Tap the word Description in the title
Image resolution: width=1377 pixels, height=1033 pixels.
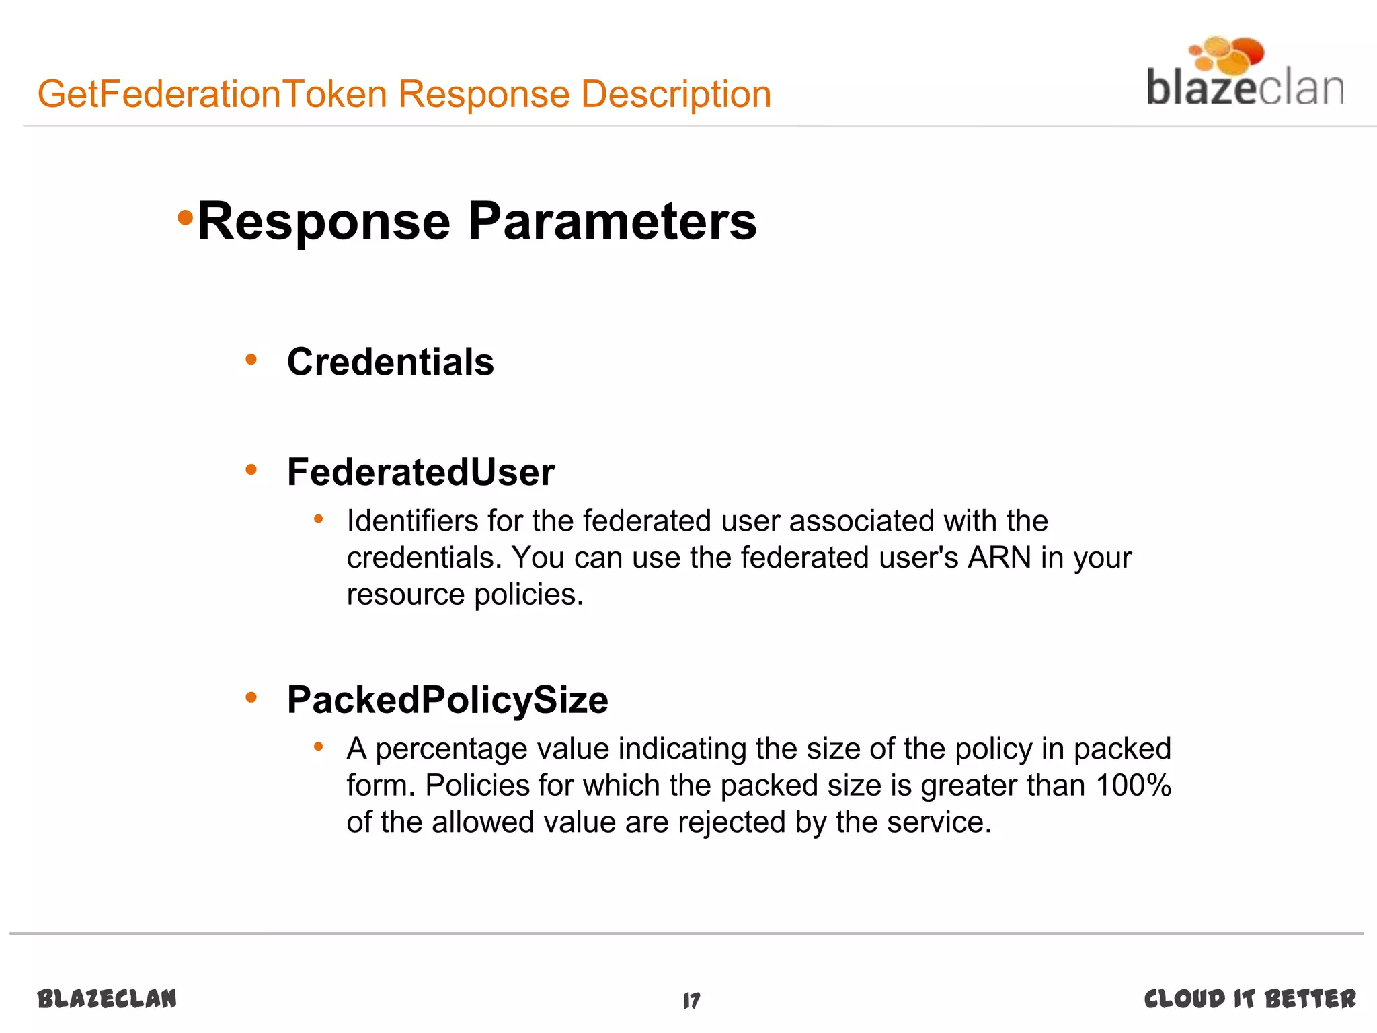676,93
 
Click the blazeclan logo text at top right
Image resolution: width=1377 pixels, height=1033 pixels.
1244,89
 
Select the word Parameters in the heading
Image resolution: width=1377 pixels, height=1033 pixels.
612,221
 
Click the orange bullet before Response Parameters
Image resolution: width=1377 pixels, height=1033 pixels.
185,218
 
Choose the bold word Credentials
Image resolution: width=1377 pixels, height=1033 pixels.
390,362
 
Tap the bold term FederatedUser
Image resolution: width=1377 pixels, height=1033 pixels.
420,471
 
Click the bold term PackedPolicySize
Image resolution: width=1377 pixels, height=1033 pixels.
447,699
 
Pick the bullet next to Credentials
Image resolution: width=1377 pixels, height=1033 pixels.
251,360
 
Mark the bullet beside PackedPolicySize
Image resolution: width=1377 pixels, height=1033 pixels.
251,697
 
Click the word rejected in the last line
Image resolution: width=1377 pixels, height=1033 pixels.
732,822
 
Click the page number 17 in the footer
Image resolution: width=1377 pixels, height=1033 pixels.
692,1000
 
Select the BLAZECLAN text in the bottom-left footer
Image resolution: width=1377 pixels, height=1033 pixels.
108,999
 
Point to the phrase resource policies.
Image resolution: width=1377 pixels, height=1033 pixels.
465,595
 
